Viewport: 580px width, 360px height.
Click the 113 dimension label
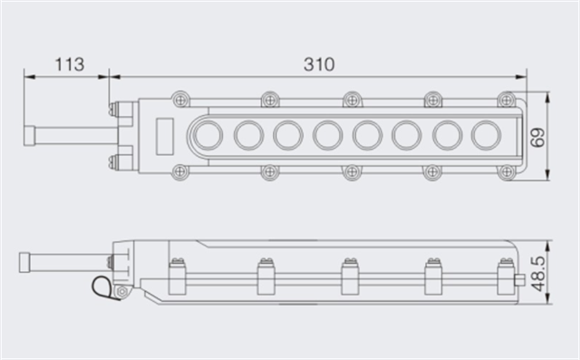pos(69,64)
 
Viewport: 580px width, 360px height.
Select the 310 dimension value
pos(319,64)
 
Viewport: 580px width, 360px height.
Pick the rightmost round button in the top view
pos(487,135)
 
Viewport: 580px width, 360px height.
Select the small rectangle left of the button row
pos(164,135)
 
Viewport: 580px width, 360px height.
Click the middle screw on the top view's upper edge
pos(350,98)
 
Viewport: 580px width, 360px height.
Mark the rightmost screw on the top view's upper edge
pos(507,98)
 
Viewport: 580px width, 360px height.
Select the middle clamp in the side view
pos(347,276)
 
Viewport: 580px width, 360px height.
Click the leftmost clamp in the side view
pos(178,276)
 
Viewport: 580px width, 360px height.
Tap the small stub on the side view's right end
pos(520,278)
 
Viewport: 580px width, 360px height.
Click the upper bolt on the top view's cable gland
pos(115,112)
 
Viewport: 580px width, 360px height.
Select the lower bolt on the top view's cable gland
pos(115,162)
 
